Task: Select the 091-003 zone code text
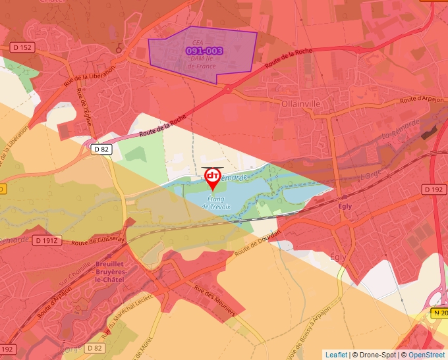pyautogui.click(x=204, y=51)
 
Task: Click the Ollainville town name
pyautogui.click(x=300, y=103)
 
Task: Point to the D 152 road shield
pyautogui.click(x=22, y=47)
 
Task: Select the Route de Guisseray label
pyautogui.click(x=98, y=242)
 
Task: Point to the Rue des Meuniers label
pyautogui.click(x=214, y=300)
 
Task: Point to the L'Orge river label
pyautogui.click(x=371, y=176)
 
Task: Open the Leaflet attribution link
pyautogui.click(x=336, y=355)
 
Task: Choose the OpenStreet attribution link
pyautogui.click(x=426, y=355)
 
